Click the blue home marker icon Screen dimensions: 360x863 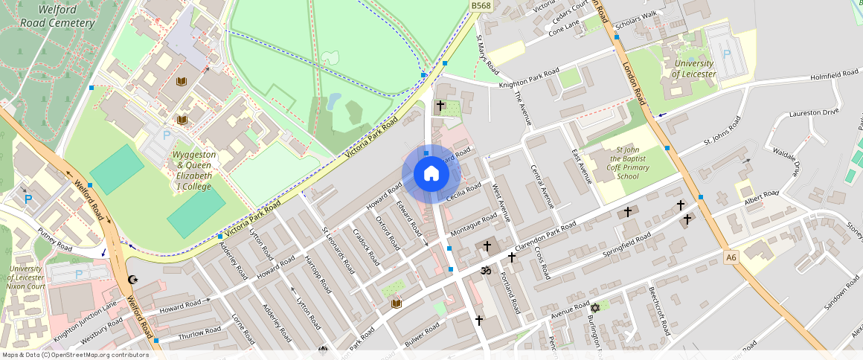[x=431, y=174]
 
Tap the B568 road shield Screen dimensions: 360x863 [x=481, y=5]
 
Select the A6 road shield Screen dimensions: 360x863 [x=731, y=257]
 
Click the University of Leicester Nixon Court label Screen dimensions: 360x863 [x=26, y=278]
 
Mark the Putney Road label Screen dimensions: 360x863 [x=54, y=239]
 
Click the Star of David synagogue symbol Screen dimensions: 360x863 [x=594, y=306]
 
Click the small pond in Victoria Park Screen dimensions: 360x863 [x=333, y=100]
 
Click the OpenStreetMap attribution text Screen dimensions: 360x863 [x=74, y=355]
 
